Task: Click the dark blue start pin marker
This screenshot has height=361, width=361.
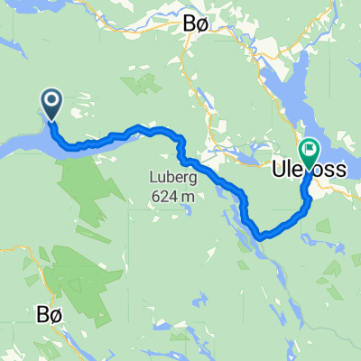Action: [x=51, y=105]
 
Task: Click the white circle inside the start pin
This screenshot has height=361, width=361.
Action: [x=51, y=101]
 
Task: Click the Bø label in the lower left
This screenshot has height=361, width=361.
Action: [x=51, y=314]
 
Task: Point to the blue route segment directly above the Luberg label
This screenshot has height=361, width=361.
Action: [x=167, y=132]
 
